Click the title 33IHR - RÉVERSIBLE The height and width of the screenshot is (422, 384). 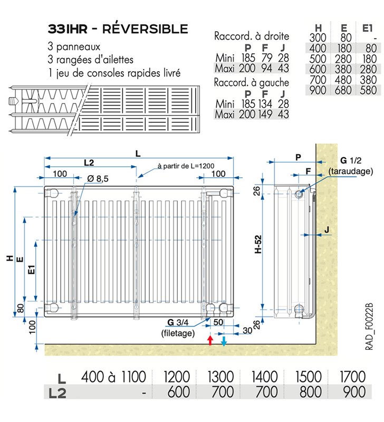tap(118, 29)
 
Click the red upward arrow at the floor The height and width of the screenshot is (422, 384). tap(210, 340)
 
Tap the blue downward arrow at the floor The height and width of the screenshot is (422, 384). tap(224, 340)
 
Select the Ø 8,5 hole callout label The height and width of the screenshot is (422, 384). tap(98, 178)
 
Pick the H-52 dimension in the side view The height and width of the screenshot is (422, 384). tap(258, 244)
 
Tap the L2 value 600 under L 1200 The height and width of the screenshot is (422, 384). tap(178, 392)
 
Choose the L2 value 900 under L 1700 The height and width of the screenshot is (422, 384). tap(354, 392)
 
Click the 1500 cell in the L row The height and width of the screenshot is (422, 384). tap(309, 377)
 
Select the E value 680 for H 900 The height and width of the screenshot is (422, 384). tap(343, 90)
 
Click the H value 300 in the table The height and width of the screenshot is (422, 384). tap(318, 37)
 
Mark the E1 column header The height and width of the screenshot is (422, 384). tap(367, 28)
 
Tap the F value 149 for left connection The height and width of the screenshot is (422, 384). tap(265, 114)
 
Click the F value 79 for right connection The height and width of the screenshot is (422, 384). tap(267, 58)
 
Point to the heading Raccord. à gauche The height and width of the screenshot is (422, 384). tap(251, 82)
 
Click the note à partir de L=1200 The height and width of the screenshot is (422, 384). tap(186, 166)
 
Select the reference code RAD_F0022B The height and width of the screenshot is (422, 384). tap(369, 327)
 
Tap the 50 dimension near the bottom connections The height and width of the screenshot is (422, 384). tap(218, 322)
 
